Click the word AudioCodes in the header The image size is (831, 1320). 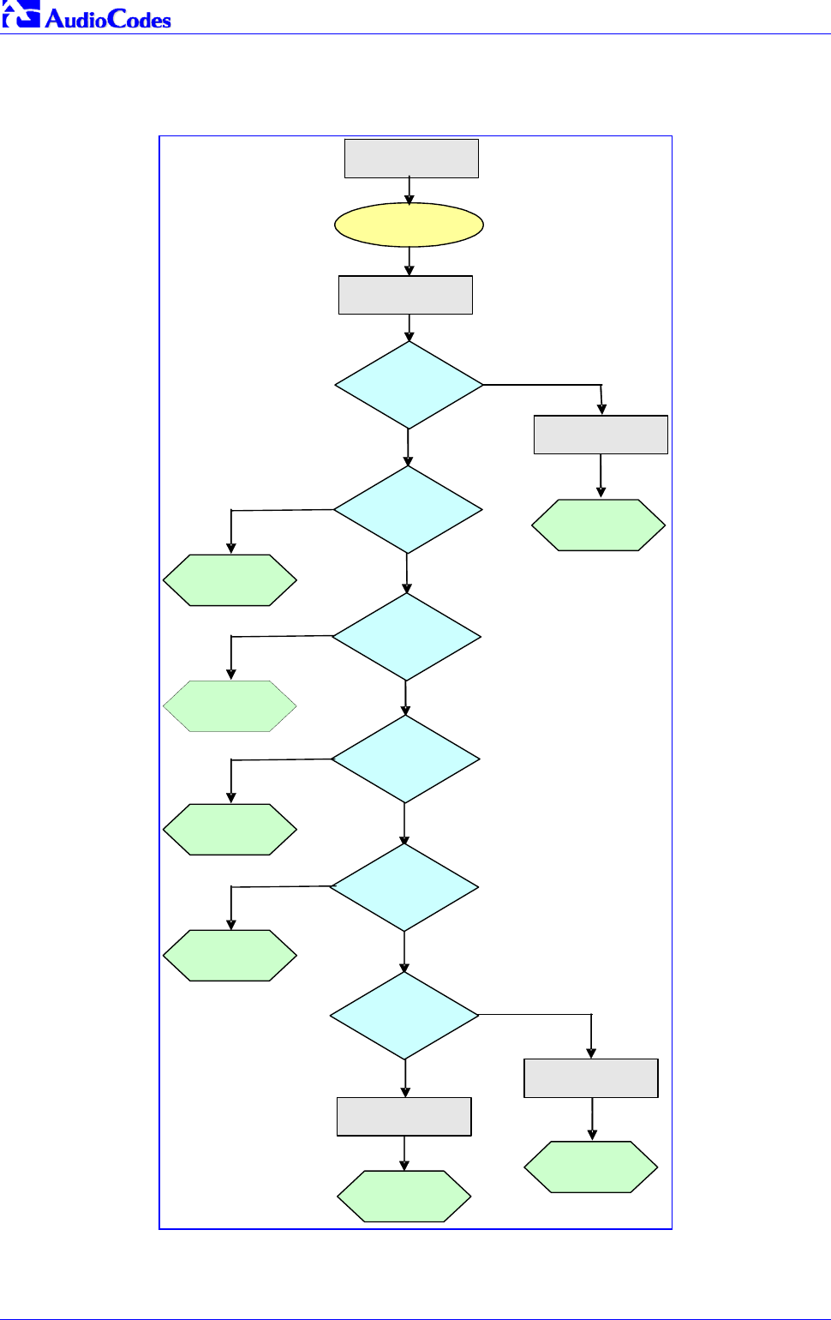tap(108, 19)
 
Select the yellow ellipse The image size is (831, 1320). tap(409, 225)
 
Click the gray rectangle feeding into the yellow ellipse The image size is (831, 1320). tap(411, 159)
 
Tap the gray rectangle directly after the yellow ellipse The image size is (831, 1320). tap(405, 295)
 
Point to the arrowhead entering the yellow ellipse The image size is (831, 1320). tap(410, 199)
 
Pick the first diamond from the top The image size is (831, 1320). tap(409, 385)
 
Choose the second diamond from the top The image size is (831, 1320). tap(408, 509)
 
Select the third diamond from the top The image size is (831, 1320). tap(406, 636)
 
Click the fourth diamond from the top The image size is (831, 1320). tap(405, 759)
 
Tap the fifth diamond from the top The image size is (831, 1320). tap(404, 886)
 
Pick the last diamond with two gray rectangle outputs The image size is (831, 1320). tap(404, 1015)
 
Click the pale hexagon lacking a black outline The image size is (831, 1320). tap(230, 706)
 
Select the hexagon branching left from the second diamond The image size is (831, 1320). tap(230, 580)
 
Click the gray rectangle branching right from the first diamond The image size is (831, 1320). tap(601, 435)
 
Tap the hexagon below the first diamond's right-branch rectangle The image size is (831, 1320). tap(599, 525)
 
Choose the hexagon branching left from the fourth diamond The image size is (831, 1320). tap(230, 829)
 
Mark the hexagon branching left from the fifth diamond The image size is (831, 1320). tap(230, 955)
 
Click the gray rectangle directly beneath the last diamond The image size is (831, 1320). tap(404, 1116)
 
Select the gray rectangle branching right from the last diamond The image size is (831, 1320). tap(591, 1077)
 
